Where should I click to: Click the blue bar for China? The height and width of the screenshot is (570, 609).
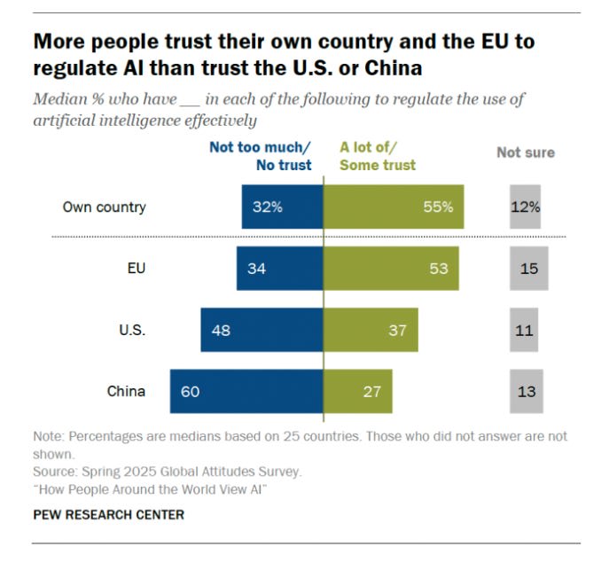click(246, 391)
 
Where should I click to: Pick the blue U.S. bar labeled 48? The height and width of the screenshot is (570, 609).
click(262, 330)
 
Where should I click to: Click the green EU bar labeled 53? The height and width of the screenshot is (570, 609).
click(391, 269)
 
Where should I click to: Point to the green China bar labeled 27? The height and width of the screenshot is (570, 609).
click(358, 391)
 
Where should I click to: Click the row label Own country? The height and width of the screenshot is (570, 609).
click(104, 207)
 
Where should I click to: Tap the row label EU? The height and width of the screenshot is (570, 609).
click(136, 269)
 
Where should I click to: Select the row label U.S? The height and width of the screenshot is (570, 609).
click(132, 330)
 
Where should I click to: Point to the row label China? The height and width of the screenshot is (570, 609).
click(126, 391)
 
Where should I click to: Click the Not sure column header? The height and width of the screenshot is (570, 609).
click(526, 152)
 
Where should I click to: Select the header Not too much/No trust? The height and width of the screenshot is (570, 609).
click(261, 156)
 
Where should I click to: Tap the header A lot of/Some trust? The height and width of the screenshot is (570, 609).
click(379, 156)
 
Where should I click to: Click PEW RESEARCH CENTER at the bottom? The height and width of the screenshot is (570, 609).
click(109, 514)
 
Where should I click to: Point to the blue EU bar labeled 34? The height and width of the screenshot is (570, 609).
click(279, 269)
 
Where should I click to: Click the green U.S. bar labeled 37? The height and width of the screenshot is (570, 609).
click(371, 330)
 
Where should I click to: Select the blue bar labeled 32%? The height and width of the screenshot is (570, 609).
click(282, 207)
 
